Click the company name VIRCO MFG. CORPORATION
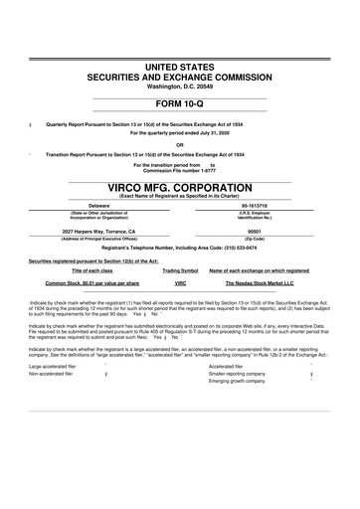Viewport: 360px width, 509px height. click(x=179, y=187)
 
